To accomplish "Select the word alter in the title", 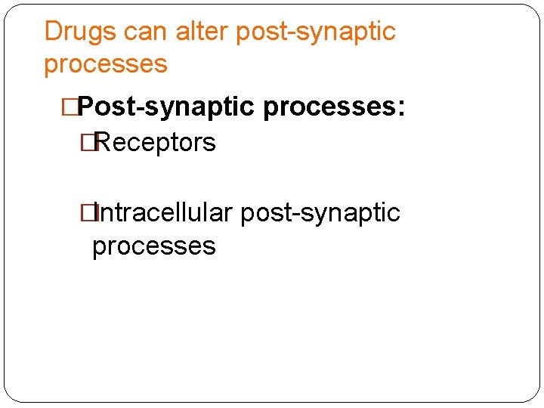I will pyautogui.click(x=202, y=32).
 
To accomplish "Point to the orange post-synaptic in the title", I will pyautogui.click(x=316, y=32).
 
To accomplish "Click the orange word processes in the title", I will pyautogui.click(x=106, y=64).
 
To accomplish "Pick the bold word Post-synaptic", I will pyautogui.click(x=168, y=107).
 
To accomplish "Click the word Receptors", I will pyautogui.click(x=155, y=142).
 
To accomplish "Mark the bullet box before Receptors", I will pyautogui.click(x=92, y=142).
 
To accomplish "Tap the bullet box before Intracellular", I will pyautogui.click(x=92, y=213).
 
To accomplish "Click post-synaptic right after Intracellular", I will pyautogui.click(x=320, y=213).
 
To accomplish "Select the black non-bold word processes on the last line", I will pyautogui.click(x=153, y=246).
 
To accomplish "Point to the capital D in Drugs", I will pyautogui.click(x=52, y=32).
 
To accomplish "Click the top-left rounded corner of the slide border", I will pyautogui.click(x=9, y=9).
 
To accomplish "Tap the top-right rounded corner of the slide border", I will pyautogui.click(x=535, y=9).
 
